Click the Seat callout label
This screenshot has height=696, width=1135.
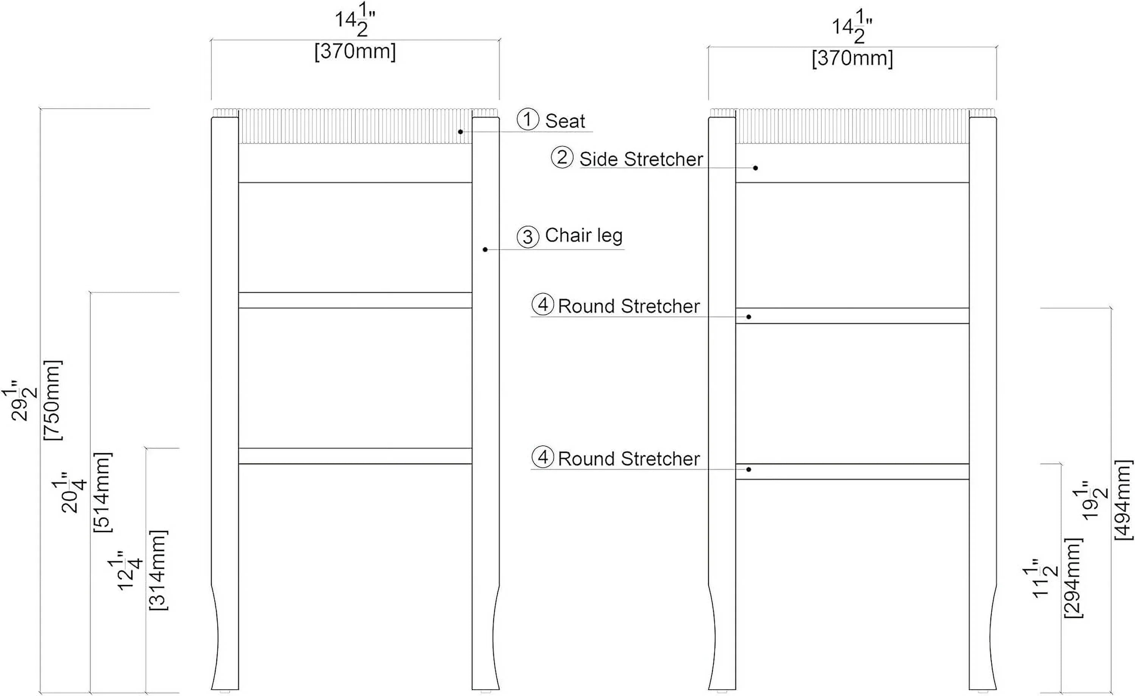tap(565, 121)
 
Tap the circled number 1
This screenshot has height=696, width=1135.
tap(528, 119)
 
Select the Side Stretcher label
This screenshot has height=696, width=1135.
tap(641, 159)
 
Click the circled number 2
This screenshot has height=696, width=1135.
tap(562, 157)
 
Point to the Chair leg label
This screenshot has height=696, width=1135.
tap(584, 236)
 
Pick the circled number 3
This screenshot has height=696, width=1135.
tap(528, 237)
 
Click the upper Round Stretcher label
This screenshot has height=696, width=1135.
tap(629, 306)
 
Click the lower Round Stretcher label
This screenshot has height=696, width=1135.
tap(629, 459)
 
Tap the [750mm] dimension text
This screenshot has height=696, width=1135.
tap(53, 400)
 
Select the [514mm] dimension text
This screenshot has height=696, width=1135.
tap(102, 492)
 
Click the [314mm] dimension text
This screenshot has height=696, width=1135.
tap(158, 571)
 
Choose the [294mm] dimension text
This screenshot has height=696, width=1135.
tap(1073, 577)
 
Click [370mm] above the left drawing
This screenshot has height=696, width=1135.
tap(355, 51)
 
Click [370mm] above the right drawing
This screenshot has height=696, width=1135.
tap(852, 59)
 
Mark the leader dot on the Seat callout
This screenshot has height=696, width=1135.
tap(460, 132)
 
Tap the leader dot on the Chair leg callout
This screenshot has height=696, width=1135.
tap(485, 250)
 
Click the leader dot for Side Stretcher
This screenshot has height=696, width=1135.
tap(756, 168)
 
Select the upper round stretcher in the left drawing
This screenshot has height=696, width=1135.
tap(355, 300)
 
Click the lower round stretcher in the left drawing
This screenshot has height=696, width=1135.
tap(355, 456)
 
